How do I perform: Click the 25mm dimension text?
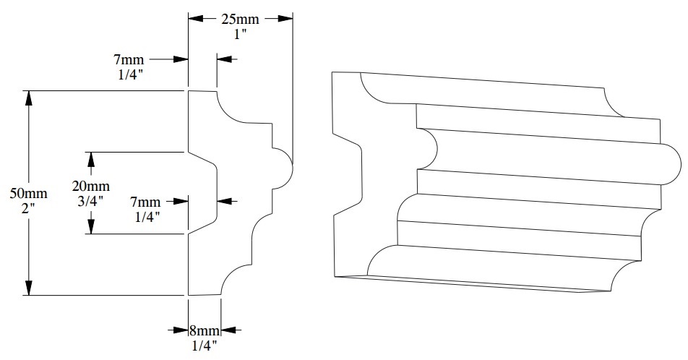point(241,20)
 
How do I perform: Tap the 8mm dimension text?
point(204,331)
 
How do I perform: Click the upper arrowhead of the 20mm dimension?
point(91,158)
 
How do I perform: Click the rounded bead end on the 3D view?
point(670,166)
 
